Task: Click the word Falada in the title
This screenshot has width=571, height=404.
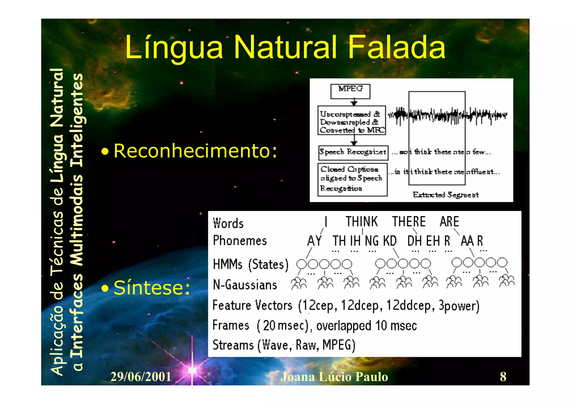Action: [x=397, y=47]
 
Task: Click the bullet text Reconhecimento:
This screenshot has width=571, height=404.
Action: [x=195, y=151]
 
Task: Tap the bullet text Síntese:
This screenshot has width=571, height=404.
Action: [x=152, y=288]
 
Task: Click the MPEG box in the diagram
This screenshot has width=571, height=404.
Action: [x=350, y=91]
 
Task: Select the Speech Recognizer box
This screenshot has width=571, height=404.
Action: [x=353, y=152]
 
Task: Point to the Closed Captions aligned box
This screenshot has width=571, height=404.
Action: [x=352, y=179]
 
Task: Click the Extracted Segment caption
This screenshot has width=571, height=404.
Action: [x=446, y=195]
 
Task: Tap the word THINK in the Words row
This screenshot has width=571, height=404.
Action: [x=362, y=222]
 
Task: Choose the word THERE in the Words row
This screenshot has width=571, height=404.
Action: [x=409, y=222]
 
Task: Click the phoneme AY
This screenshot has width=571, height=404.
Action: [x=314, y=241]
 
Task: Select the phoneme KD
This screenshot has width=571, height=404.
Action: [x=389, y=241]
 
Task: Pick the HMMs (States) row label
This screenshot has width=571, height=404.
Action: [x=250, y=264]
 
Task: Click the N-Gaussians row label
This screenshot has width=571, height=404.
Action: [x=245, y=285]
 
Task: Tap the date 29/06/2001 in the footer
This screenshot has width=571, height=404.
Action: [x=141, y=377]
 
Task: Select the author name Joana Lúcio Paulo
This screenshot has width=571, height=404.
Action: [x=334, y=377]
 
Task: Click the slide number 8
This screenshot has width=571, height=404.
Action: [x=503, y=377]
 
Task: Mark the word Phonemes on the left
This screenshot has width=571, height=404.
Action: [x=240, y=241]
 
